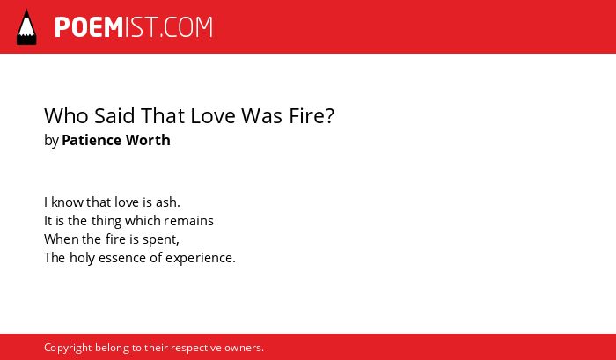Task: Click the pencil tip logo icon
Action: [26, 26]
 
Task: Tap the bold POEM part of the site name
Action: [89, 27]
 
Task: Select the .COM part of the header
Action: [187, 27]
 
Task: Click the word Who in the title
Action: [66, 115]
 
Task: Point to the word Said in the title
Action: [114, 115]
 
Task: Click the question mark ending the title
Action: [330, 115]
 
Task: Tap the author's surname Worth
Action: [148, 140]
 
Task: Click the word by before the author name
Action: [51, 141]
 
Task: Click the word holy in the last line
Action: [82, 259]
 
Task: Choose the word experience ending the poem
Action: [201, 259]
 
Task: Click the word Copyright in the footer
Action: [68, 349]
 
